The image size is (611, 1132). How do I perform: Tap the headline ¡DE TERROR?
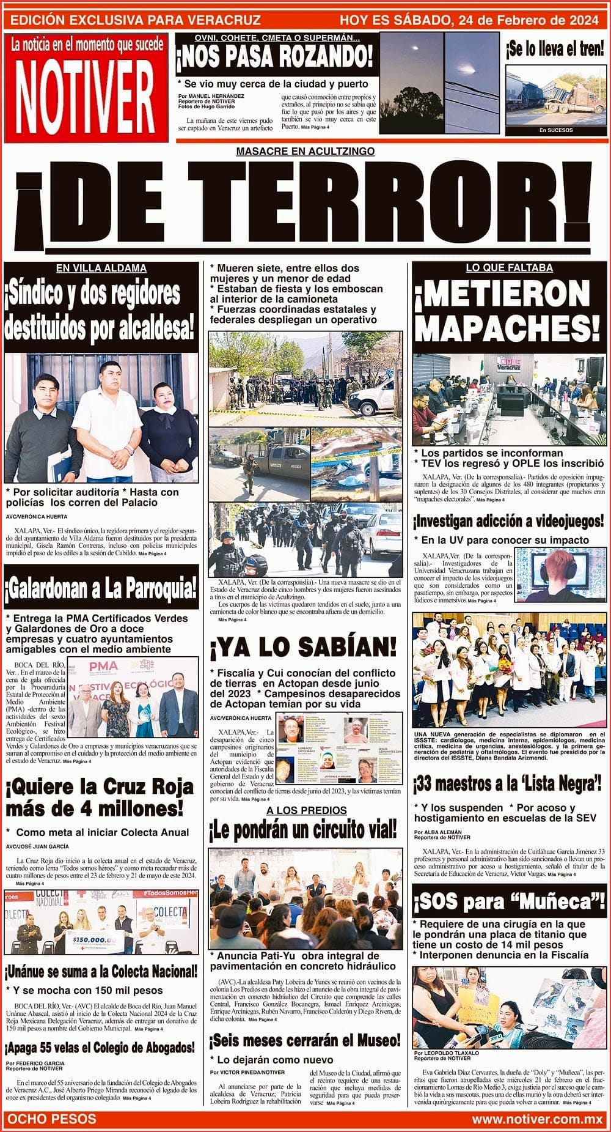[x=304, y=210]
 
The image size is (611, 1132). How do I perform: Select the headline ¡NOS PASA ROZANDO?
[x=274, y=57]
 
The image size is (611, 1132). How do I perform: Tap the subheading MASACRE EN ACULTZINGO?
[x=305, y=151]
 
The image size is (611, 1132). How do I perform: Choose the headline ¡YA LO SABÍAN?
[x=303, y=645]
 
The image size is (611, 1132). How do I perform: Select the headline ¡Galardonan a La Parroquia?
[x=101, y=588]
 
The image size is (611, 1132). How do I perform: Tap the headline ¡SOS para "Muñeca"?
[x=508, y=902]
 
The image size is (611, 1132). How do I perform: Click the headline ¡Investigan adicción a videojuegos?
[x=508, y=522]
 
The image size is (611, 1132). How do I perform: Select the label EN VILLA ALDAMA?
[x=101, y=268]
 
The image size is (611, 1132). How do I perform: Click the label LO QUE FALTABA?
[x=508, y=268]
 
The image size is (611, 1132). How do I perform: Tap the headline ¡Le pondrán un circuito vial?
[x=303, y=830]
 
